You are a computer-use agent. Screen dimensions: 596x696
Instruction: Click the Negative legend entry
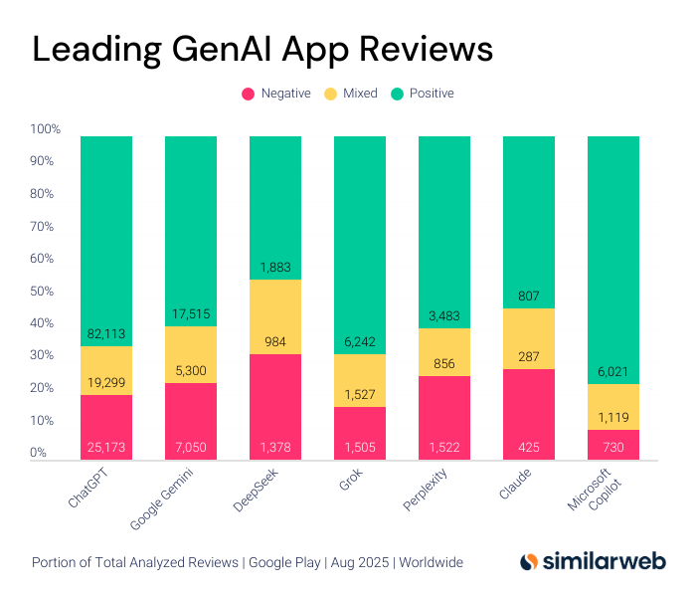tap(275, 94)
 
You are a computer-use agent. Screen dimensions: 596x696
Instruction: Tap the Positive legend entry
tap(423, 94)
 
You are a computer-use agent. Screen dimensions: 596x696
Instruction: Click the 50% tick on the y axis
tap(45, 292)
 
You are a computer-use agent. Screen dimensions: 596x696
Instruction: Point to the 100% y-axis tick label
tap(45, 129)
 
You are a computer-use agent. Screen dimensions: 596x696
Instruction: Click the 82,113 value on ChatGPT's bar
tap(106, 334)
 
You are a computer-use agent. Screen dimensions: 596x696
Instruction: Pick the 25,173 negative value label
tap(106, 448)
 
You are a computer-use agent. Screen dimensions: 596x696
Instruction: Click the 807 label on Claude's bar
tap(529, 296)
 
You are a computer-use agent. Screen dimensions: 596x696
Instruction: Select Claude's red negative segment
tap(529, 408)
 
